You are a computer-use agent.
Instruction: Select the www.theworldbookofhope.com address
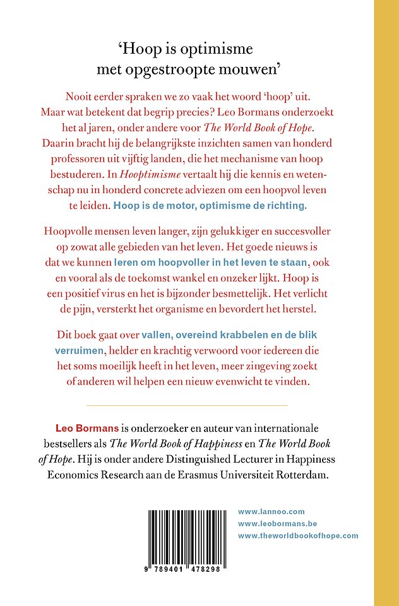tap(298, 535)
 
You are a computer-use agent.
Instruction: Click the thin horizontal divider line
tap(186, 405)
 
